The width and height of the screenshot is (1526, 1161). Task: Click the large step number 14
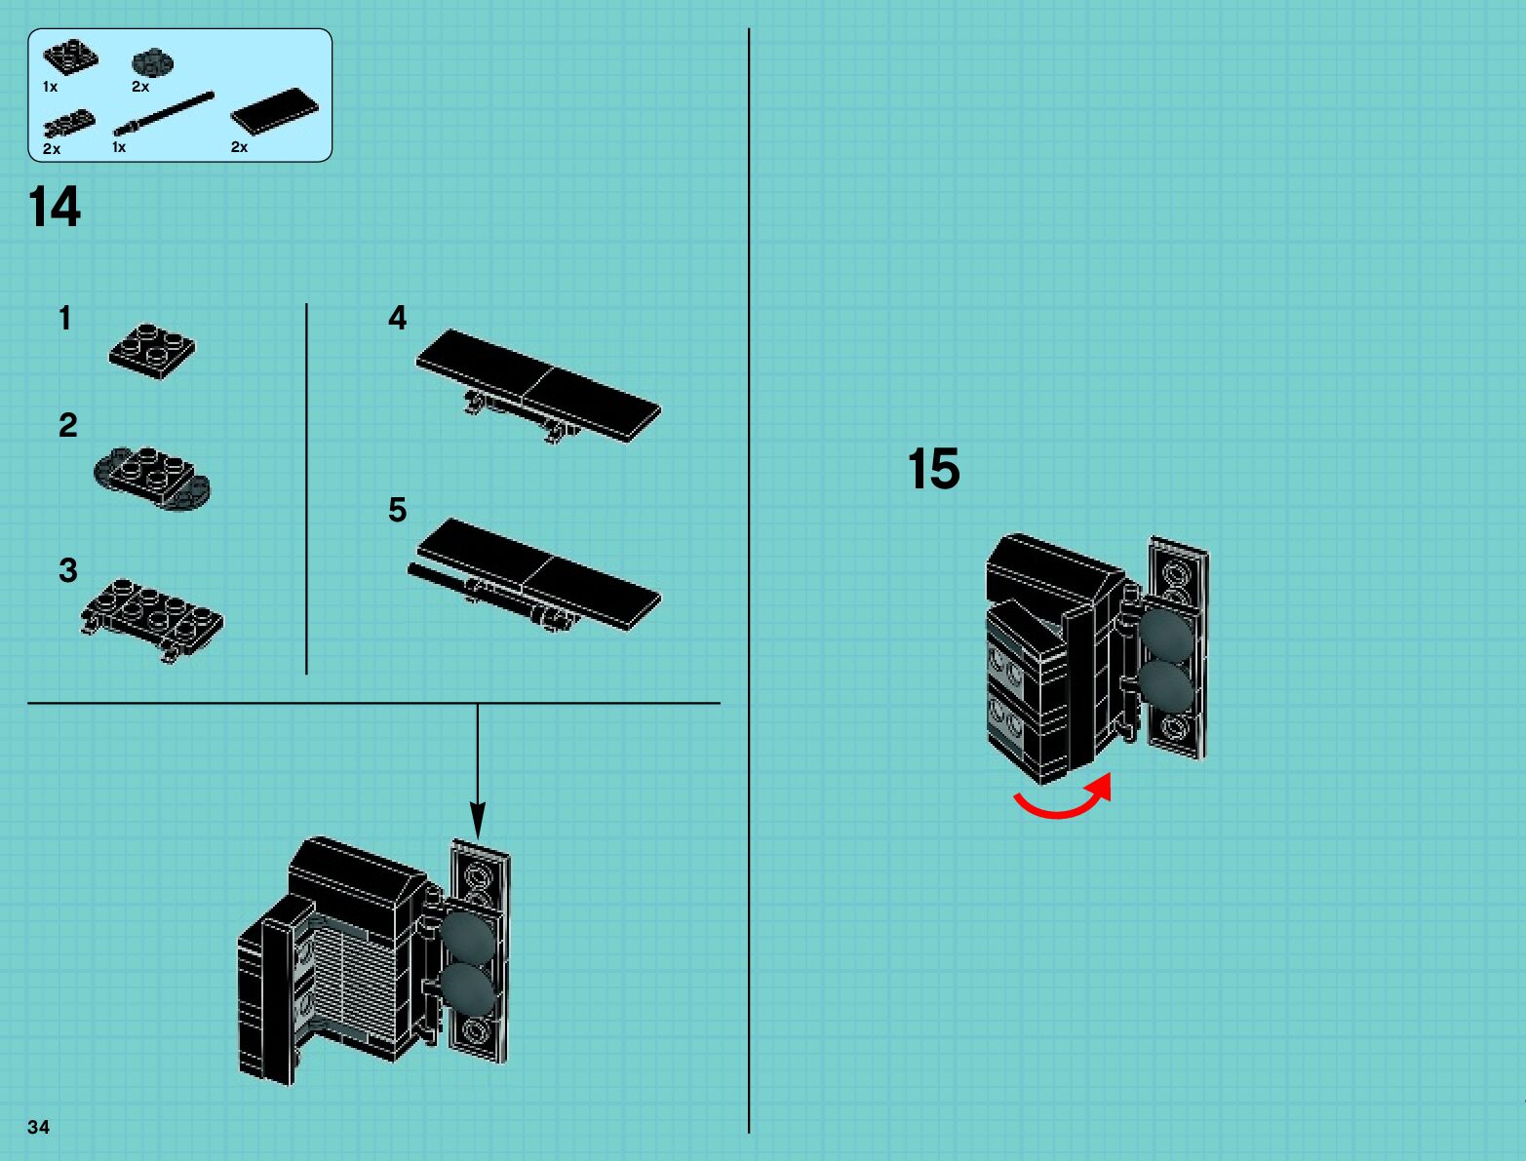pyautogui.click(x=55, y=207)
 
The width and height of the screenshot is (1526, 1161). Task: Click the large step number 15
pyautogui.click(x=933, y=469)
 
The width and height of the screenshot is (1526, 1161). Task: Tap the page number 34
pyautogui.click(x=38, y=1127)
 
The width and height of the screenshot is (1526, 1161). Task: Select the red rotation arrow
pyautogui.click(x=1064, y=799)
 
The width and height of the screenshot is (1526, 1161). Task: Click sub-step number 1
pyautogui.click(x=65, y=318)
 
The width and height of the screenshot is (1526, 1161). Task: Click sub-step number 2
pyautogui.click(x=67, y=425)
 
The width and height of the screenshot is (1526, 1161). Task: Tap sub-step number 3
pyautogui.click(x=67, y=570)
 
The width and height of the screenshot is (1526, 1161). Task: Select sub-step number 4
pyautogui.click(x=397, y=318)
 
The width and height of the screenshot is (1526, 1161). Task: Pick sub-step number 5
pyautogui.click(x=397, y=510)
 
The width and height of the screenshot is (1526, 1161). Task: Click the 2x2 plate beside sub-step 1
pyautogui.click(x=152, y=350)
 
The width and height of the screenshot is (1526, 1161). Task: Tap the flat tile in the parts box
pyautogui.click(x=274, y=110)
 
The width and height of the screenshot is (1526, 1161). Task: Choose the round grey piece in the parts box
pyautogui.click(x=152, y=63)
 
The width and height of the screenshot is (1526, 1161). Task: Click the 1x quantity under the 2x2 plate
pyautogui.click(x=50, y=87)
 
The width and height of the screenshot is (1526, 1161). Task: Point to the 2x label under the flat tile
pyautogui.click(x=239, y=147)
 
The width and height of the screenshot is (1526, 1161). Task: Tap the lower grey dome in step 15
pyautogui.click(x=1165, y=686)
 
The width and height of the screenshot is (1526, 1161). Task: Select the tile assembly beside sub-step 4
pyautogui.click(x=539, y=386)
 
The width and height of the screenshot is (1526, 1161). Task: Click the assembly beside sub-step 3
pyautogui.click(x=152, y=617)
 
